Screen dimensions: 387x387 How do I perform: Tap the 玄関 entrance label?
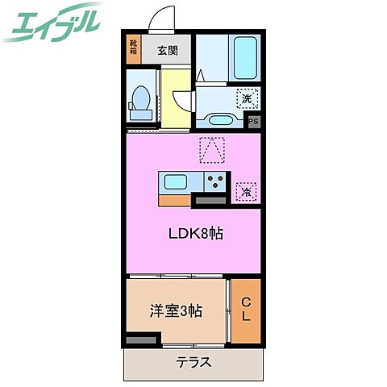[168, 50]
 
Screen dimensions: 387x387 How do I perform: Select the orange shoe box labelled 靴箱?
[133, 51]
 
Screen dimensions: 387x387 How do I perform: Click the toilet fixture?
[141, 98]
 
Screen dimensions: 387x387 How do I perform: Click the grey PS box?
[253, 122]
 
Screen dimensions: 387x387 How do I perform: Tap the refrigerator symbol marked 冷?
[245, 192]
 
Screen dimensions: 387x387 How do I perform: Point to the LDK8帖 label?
[195, 235]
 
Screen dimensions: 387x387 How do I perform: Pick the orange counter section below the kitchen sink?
[175, 198]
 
